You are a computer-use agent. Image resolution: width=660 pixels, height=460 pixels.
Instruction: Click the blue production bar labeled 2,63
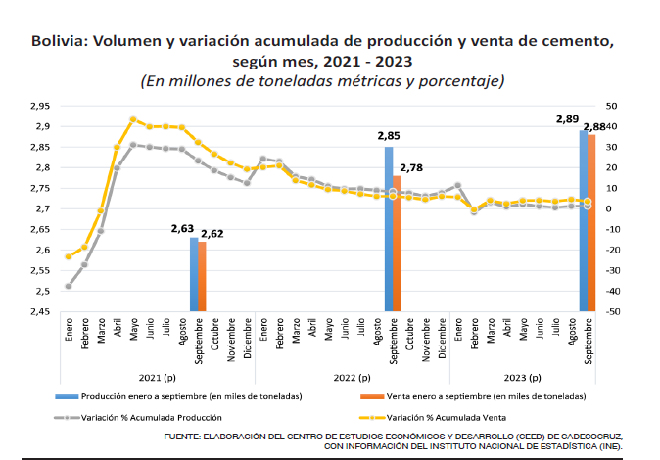(194, 274)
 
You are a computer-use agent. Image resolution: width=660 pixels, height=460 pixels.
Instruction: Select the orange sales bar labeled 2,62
(202, 276)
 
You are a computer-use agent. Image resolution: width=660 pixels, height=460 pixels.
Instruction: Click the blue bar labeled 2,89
(584, 220)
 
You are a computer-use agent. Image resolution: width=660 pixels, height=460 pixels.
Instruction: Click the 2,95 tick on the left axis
(39, 106)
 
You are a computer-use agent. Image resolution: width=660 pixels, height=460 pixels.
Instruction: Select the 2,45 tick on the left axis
(39, 312)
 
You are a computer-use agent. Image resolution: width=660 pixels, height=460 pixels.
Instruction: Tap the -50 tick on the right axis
(612, 312)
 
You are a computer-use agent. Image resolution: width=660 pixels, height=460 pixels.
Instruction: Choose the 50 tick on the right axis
(611, 106)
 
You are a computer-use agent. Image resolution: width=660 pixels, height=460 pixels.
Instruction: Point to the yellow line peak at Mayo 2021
(133, 119)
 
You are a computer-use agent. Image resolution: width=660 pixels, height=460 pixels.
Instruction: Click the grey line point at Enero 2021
(69, 286)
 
